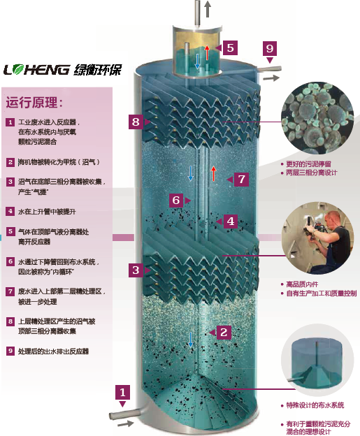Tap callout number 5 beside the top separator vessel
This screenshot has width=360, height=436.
tap(230, 48)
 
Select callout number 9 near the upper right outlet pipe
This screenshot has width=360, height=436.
tap(269, 48)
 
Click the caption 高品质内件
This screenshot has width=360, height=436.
tap(301, 284)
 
